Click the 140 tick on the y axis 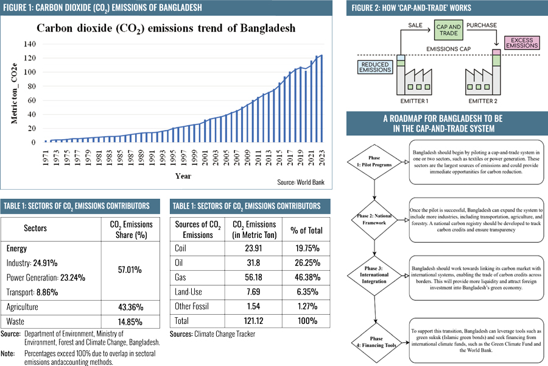[29, 45]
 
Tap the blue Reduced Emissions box [375, 66]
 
